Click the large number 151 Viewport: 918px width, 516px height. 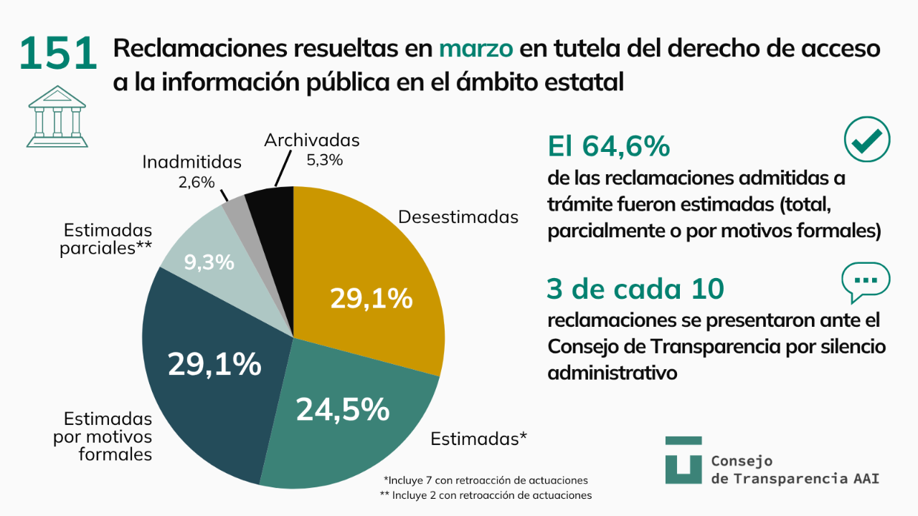pyautogui.click(x=58, y=54)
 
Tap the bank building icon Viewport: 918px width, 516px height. pyautogui.click(x=57, y=116)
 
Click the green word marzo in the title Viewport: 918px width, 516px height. pyautogui.click(x=475, y=49)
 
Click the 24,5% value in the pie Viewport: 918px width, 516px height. pyautogui.click(x=343, y=409)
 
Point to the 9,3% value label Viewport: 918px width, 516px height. pyautogui.click(x=209, y=262)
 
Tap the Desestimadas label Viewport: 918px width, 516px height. pyautogui.click(x=458, y=217)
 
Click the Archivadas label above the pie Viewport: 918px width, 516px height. pyautogui.click(x=311, y=140)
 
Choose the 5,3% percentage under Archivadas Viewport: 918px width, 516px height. pyautogui.click(x=324, y=160)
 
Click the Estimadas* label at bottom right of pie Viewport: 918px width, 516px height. pyautogui.click(x=479, y=439)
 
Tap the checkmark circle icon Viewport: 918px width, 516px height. pyautogui.click(x=866, y=139)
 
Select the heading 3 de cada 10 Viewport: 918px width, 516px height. pyautogui.click(x=635, y=288)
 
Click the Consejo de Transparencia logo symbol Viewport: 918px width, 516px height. pyautogui.click(x=683, y=459)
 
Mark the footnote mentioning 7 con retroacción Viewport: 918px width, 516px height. pyautogui.click(x=486, y=479)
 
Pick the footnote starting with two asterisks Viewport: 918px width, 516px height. pyautogui.click(x=486, y=494)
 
